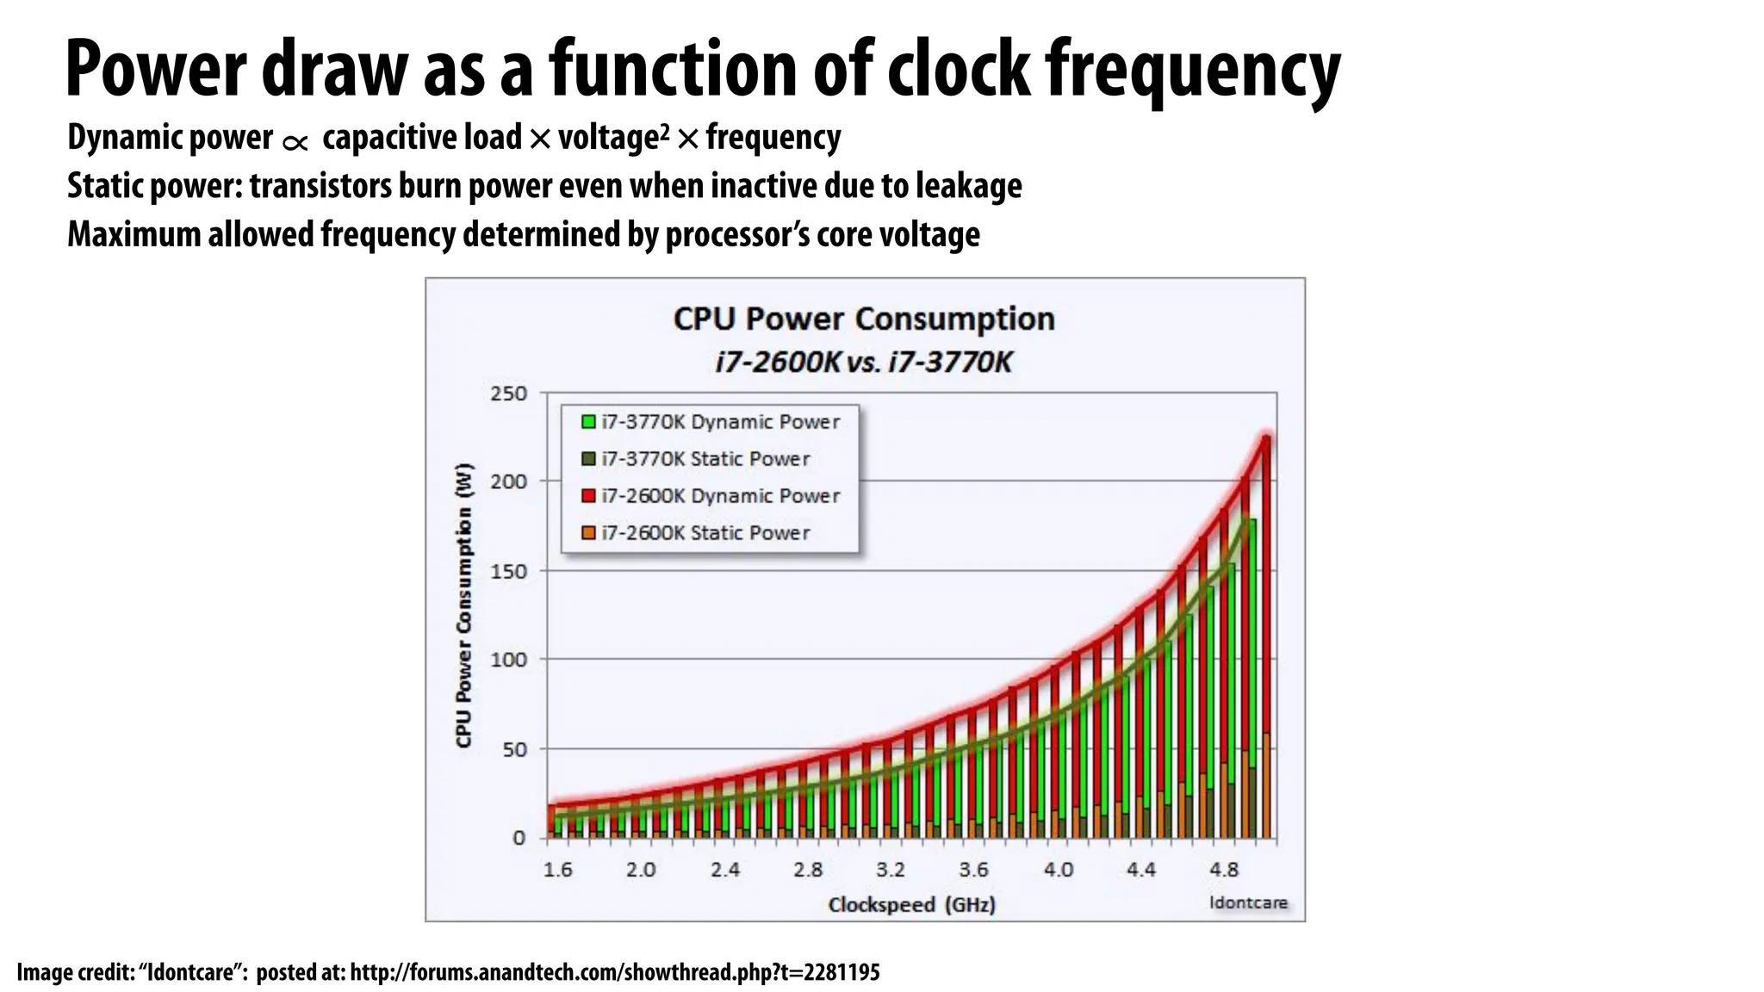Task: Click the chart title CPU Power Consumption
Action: click(864, 319)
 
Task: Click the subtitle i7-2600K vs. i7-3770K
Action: click(864, 362)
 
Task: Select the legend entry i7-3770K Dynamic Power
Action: click(720, 422)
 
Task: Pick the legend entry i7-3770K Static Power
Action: click(705, 459)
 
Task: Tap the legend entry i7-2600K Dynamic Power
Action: click(720, 496)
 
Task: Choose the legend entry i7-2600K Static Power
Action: click(705, 533)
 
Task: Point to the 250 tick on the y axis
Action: click(508, 394)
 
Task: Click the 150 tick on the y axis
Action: click(508, 572)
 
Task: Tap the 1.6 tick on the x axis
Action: click(558, 870)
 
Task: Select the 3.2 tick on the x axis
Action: click(891, 870)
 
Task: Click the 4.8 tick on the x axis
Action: click(1223, 870)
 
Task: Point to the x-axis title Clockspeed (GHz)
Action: click(911, 905)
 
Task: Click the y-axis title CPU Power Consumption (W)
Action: click(464, 605)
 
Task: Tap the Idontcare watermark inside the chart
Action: click(1248, 902)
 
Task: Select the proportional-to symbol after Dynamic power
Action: click(295, 143)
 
